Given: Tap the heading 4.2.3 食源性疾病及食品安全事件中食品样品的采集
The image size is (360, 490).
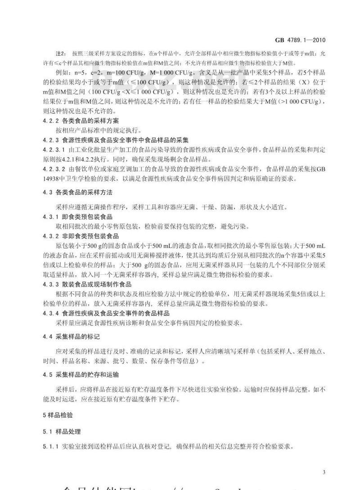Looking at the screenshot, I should (116, 139).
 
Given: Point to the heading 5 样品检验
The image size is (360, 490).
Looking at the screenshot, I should (54, 415).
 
